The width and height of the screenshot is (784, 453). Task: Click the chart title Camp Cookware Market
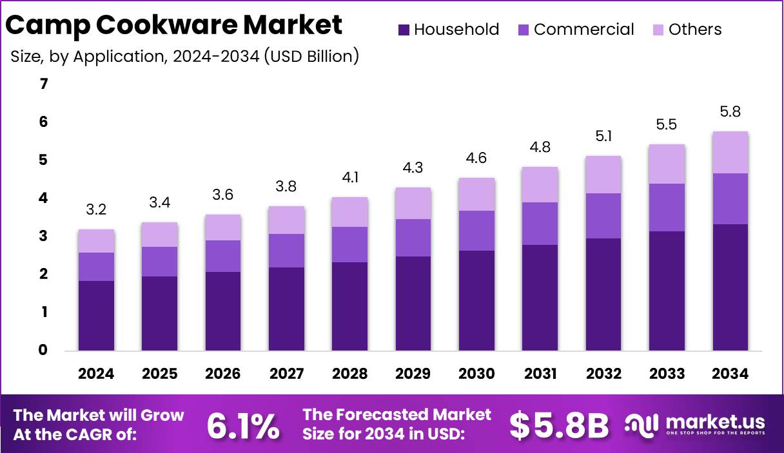174,26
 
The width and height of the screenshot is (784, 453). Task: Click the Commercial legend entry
576,30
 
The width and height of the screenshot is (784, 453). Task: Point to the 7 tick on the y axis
43,84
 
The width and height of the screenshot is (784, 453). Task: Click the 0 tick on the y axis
43,351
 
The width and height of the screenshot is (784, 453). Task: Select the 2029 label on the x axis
413,374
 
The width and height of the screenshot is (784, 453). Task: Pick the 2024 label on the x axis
96,374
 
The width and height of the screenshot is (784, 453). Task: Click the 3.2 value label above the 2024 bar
96,210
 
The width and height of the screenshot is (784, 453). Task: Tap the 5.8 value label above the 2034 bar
730,111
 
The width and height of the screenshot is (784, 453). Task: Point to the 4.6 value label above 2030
476,158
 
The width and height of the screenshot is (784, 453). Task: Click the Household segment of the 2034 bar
730,287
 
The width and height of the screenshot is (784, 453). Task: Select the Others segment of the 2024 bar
96,241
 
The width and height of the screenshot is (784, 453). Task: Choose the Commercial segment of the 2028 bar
349,244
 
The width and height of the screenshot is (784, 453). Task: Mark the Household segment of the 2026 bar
222,311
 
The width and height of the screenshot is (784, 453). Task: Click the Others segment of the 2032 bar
603,175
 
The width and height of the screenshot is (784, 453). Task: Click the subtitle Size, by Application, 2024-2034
184,56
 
